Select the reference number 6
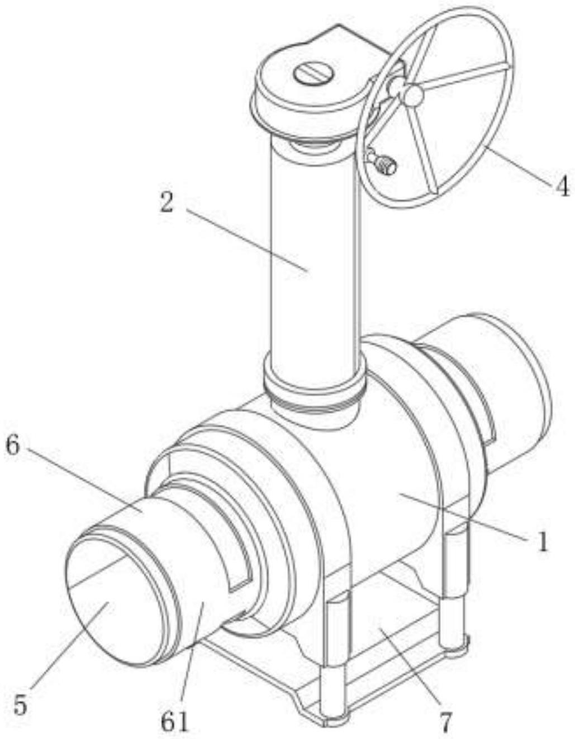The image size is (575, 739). point(15,447)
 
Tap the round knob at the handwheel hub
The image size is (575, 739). point(414,95)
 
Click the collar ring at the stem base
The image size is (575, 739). point(313,385)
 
